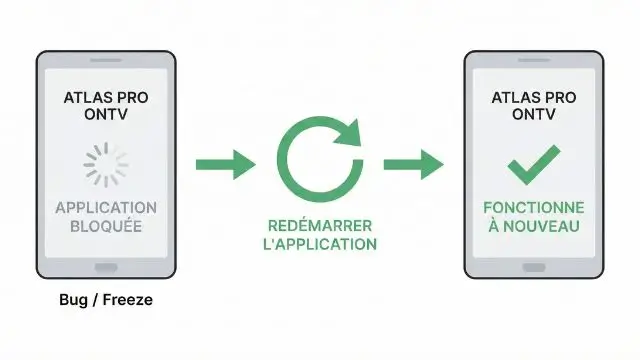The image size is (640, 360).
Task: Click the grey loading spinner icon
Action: pyautogui.click(x=105, y=163)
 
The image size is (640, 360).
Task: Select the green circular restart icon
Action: pyautogui.click(x=319, y=158)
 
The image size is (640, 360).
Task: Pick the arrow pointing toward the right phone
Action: pyautogui.click(x=413, y=163)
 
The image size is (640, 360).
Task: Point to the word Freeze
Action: pyautogui.click(x=128, y=299)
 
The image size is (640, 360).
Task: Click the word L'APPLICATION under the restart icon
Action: pyautogui.click(x=319, y=243)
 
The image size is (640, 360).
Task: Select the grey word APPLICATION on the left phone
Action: pyautogui.click(x=106, y=207)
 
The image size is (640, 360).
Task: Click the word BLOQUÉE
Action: pyautogui.click(x=106, y=226)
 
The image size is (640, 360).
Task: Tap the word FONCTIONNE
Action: pyautogui.click(x=533, y=207)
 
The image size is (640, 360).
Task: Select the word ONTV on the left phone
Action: pyautogui.click(x=106, y=118)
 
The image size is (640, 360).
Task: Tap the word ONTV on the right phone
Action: pyautogui.click(x=533, y=118)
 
